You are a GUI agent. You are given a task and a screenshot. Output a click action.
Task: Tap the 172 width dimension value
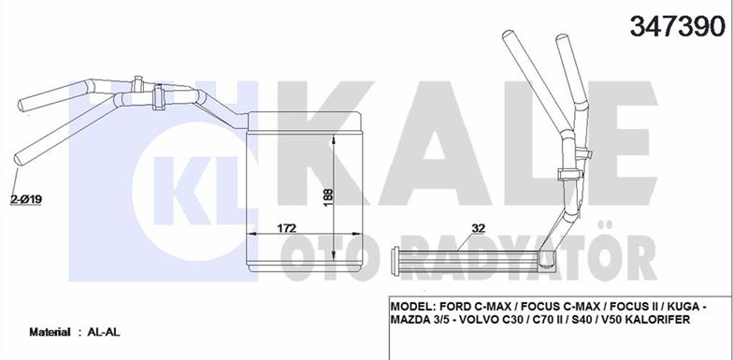click(287, 228)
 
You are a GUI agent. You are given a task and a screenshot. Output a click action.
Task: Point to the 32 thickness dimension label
click(479, 228)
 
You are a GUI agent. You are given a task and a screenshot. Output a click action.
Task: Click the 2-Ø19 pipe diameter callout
click(26, 200)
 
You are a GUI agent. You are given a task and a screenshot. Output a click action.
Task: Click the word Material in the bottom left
click(50, 332)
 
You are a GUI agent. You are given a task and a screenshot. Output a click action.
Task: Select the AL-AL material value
click(103, 332)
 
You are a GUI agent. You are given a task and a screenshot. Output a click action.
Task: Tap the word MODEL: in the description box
click(412, 307)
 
